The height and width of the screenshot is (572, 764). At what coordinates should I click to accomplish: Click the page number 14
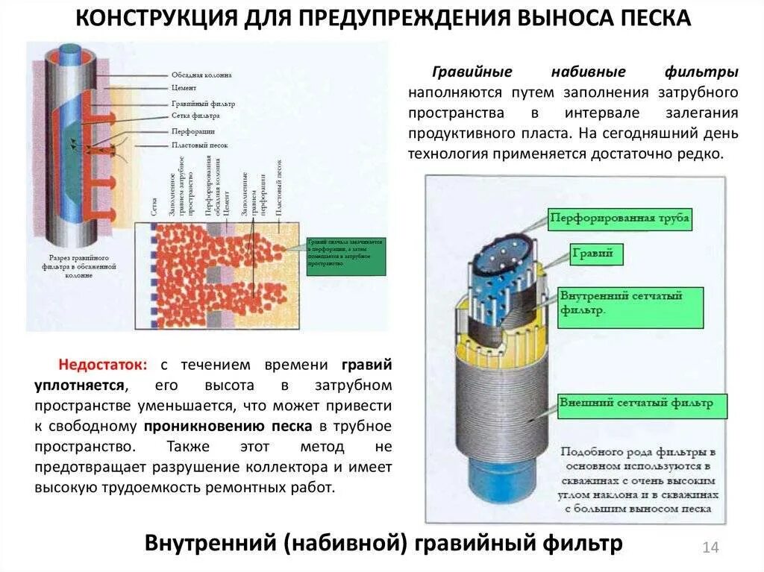(710, 547)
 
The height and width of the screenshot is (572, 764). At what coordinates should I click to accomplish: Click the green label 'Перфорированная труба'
(619, 219)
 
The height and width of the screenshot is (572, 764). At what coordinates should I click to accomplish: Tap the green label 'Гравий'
(592, 254)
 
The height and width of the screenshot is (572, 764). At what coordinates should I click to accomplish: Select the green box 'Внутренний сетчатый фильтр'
(630, 302)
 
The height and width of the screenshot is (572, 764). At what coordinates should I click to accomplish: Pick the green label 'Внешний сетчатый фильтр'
(641, 403)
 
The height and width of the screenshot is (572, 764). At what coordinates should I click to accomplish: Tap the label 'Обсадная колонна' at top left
(201, 75)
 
